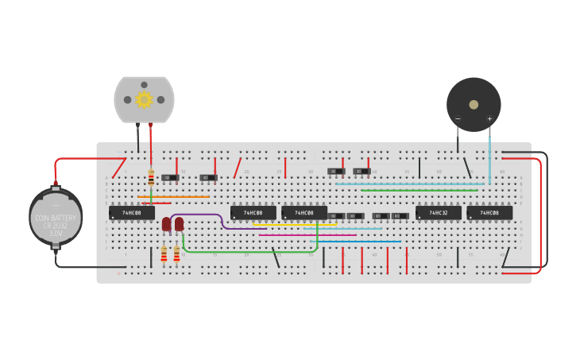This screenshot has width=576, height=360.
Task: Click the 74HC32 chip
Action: pos(438,213)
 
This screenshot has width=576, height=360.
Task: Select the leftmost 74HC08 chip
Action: pos(131,213)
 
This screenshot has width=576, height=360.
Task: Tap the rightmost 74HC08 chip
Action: pos(489,213)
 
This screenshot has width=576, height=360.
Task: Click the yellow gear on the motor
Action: pos(144,99)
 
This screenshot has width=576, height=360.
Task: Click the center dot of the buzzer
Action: pos(474,104)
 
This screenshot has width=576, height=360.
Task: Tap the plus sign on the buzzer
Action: pos(489,119)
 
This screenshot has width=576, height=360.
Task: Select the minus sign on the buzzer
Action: pos(458,119)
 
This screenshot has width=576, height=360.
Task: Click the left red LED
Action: pos(166,224)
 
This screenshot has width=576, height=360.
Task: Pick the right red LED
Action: pos(179,224)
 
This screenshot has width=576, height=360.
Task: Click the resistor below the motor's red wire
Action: pos(151,177)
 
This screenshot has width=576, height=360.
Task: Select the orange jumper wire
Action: pos(173,196)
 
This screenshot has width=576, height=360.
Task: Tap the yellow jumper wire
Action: pos(294,224)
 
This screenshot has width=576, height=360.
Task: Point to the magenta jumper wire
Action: pos(307,235)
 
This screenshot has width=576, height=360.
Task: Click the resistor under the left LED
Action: pos(164,254)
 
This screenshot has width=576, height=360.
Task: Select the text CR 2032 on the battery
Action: pos(56,226)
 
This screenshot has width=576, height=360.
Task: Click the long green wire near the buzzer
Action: pos(419,190)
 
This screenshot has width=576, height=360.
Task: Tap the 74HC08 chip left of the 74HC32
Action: pos(303,213)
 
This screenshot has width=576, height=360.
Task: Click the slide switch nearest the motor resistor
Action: pos(170,177)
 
